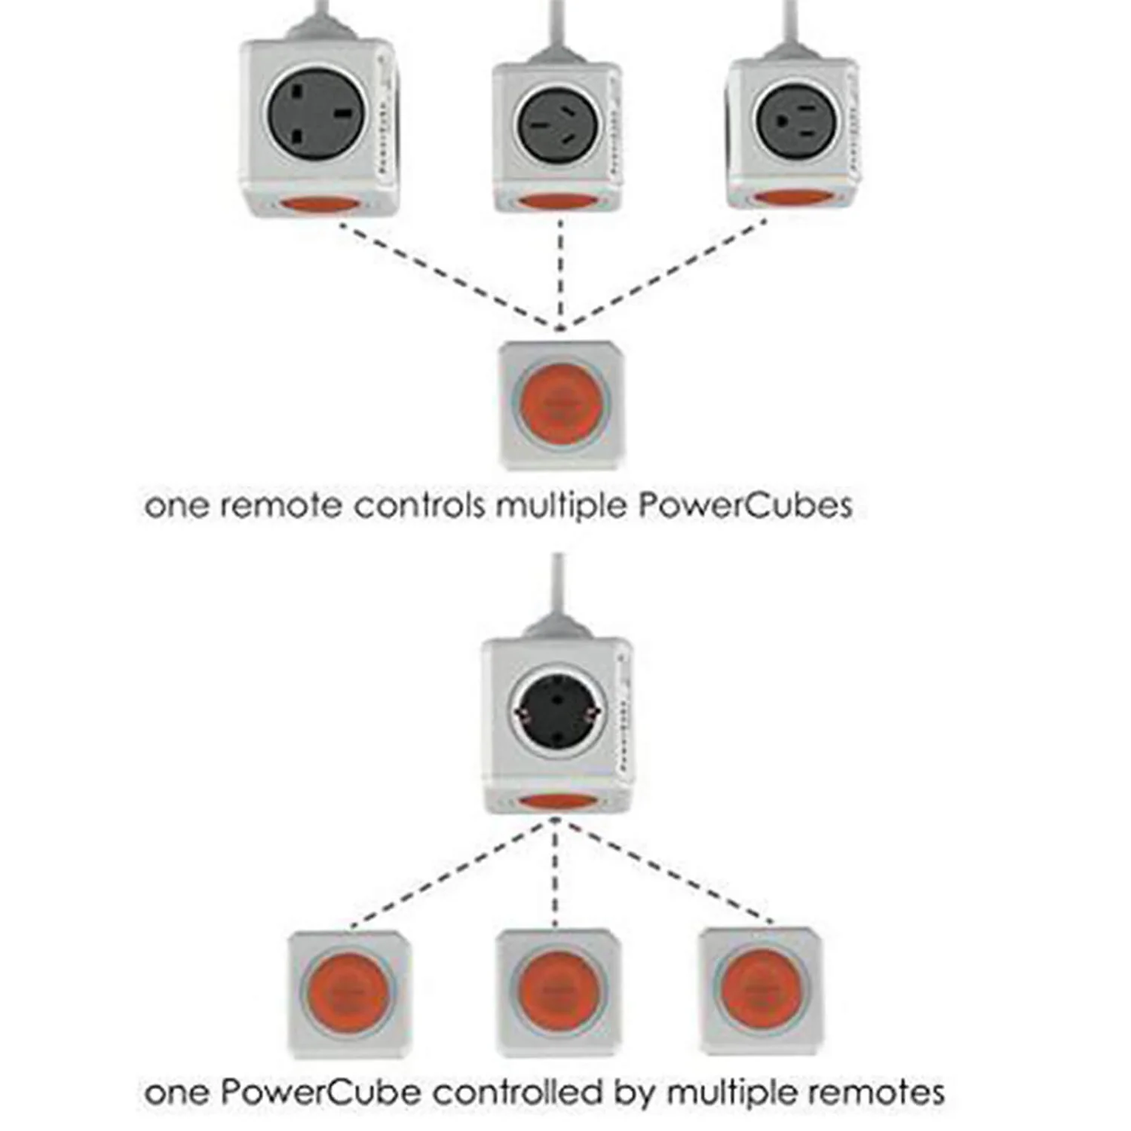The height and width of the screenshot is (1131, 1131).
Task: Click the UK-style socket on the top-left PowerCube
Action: pos(316,114)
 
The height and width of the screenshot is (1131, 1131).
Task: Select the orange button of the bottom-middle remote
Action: pos(558,990)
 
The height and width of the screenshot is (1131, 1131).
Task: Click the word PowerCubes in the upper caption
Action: pos(745,505)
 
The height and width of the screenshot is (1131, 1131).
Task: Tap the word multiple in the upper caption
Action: pos(561,505)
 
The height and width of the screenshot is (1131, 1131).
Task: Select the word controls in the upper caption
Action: pos(419,505)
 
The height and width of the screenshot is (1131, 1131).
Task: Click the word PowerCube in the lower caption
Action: pos(322,1093)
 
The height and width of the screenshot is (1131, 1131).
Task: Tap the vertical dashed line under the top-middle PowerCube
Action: pos(560,271)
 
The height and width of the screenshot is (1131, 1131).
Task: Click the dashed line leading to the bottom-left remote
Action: pos(449,875)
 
